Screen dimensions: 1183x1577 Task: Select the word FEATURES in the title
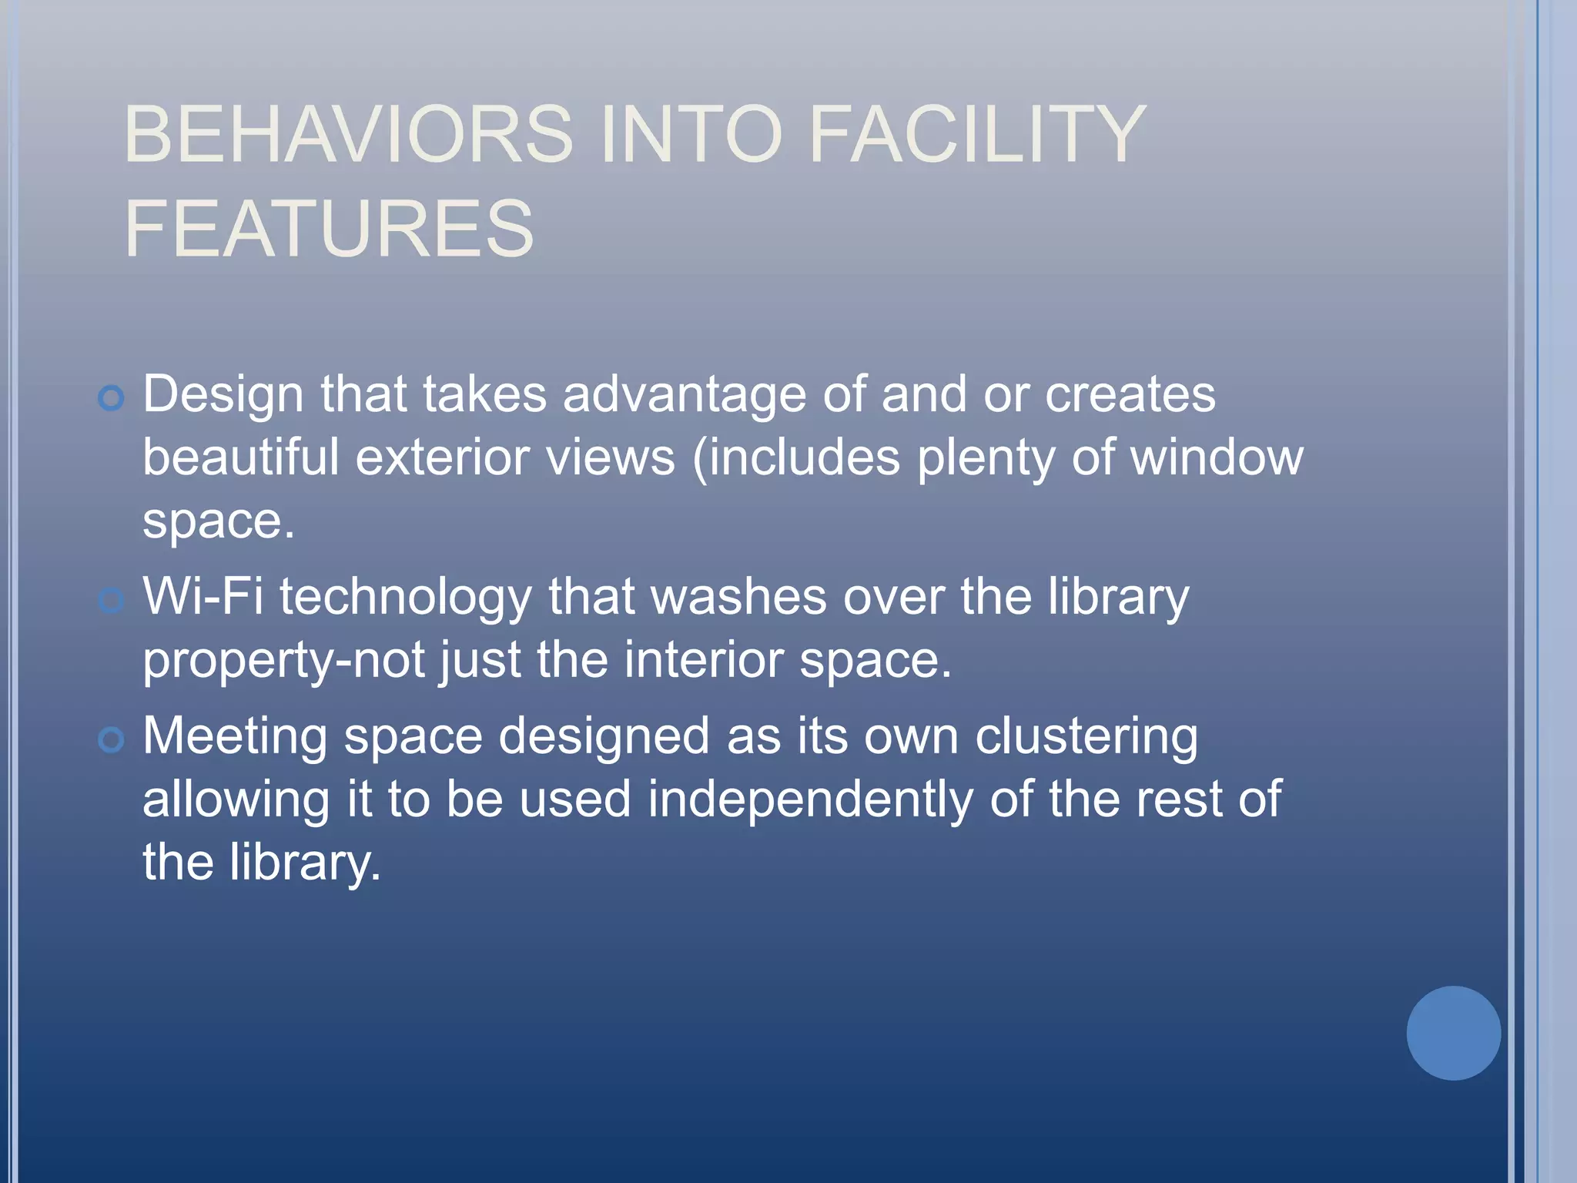(329, 228)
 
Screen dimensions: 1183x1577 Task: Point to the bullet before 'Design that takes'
(112, 398)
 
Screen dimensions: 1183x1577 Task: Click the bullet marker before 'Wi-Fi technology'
(112, 600)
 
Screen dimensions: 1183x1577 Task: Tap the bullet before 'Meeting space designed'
(112, 740)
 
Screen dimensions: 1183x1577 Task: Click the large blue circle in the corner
(1453, 1033)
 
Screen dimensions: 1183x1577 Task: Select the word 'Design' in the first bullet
(223, 395)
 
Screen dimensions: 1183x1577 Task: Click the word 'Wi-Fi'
(203, 597)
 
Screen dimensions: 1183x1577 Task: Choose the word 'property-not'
(283, 661)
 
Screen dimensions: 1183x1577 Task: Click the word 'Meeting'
(235, 736)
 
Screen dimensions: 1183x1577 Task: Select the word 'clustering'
(1086, 737)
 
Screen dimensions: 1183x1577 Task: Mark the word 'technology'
(406, 598)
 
